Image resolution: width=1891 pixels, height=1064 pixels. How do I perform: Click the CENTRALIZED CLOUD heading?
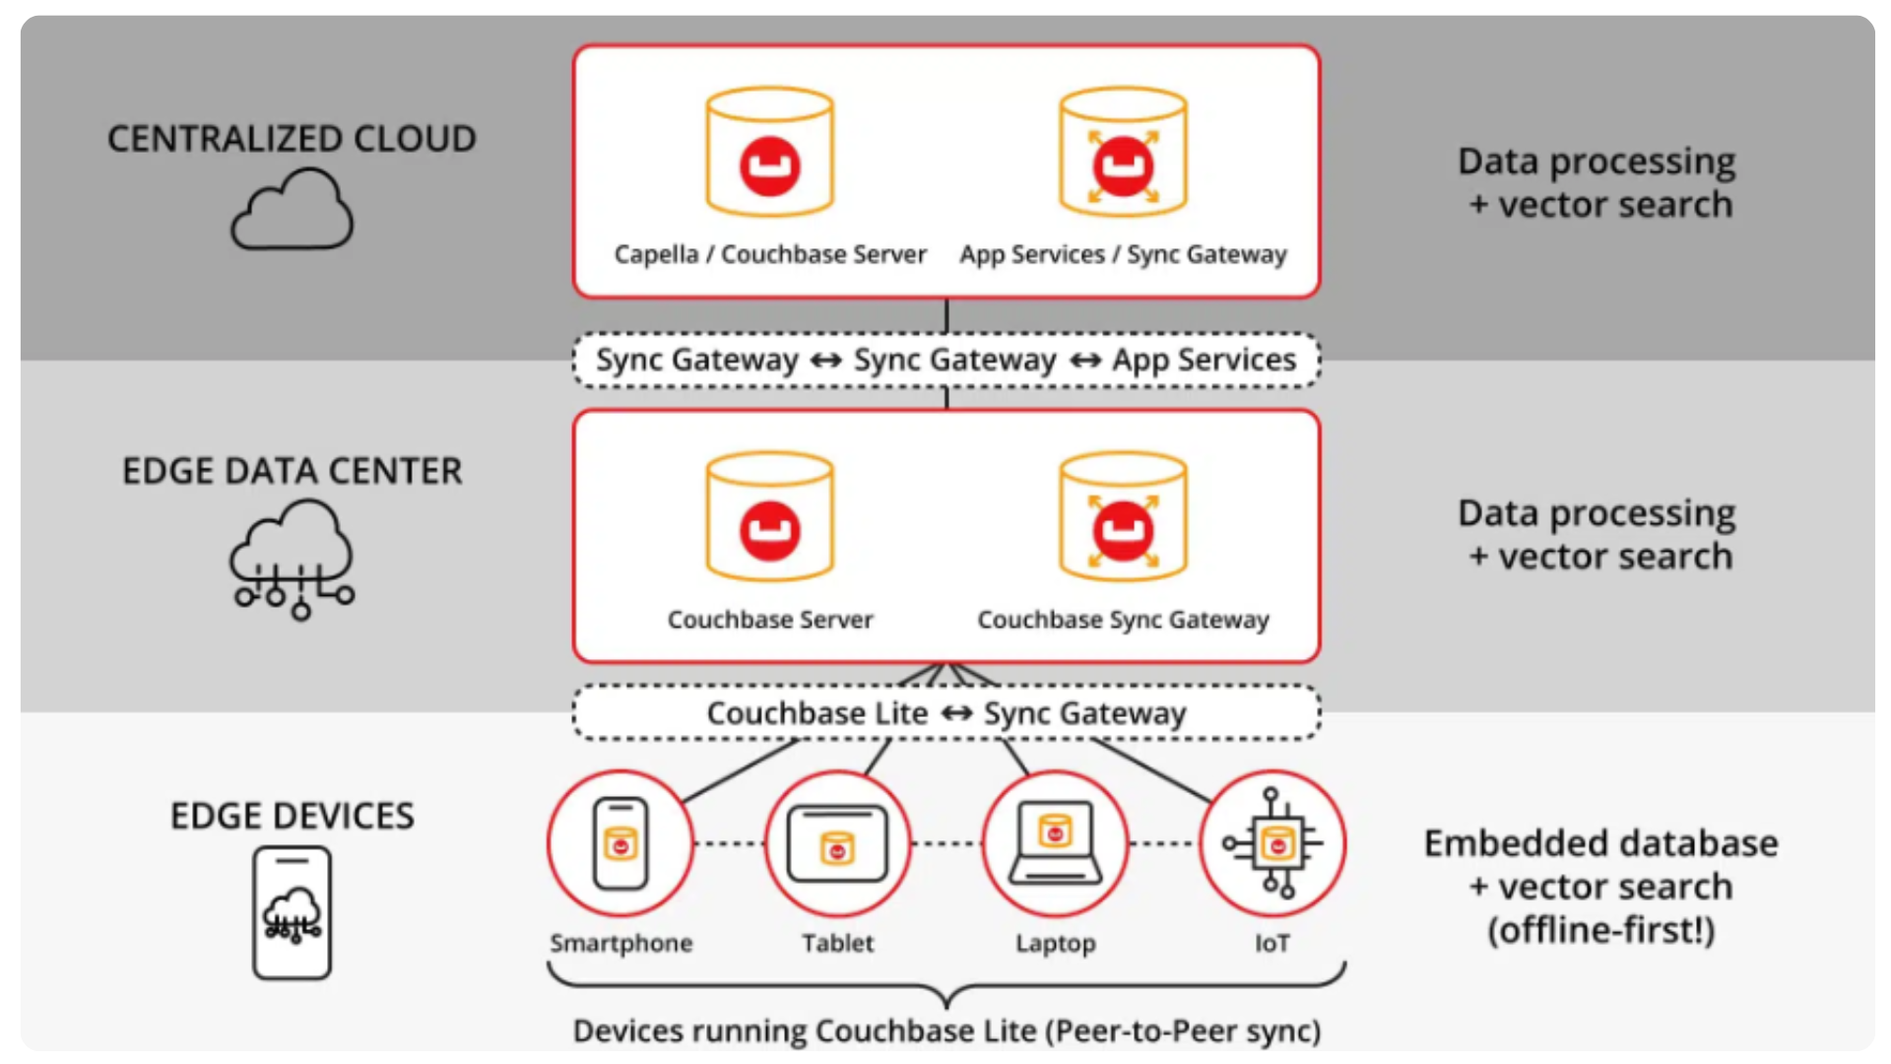coord(292,139)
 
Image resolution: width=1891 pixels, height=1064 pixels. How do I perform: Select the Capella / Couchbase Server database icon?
coord(770,153)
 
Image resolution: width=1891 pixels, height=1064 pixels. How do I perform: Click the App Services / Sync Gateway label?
coord(1123,254)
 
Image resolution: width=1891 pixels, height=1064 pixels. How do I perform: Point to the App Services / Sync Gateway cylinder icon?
coord(1123,153)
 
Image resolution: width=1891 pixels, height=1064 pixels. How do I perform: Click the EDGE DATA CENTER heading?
coord(292,471)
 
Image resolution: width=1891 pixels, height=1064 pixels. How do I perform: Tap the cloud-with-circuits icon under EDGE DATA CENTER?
coord(292,558)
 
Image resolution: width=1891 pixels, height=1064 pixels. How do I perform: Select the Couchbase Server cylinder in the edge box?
coord(770,517)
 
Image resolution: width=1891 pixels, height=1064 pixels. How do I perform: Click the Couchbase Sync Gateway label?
coord(1123,620)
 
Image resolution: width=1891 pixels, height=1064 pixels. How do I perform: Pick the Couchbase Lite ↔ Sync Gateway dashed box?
coord(945,712)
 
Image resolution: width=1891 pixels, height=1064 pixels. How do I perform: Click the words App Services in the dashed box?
coord(1204,360)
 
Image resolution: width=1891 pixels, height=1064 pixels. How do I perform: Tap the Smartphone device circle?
coord(620,843)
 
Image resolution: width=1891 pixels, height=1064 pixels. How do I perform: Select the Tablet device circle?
coord(837,843)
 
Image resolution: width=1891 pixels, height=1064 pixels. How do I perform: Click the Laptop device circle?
coord(1055,843)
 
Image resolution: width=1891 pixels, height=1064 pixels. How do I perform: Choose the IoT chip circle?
coord(1272,843)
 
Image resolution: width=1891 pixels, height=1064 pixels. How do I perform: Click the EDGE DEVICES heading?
coord(292,816)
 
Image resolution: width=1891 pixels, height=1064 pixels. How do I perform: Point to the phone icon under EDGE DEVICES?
coord(292,912)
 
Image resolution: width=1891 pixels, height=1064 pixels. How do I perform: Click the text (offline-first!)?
coord(1600,930)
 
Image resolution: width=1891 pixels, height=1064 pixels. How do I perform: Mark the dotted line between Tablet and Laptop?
coord(946,843)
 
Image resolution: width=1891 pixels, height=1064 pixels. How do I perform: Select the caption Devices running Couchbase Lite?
coord(945,1031)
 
